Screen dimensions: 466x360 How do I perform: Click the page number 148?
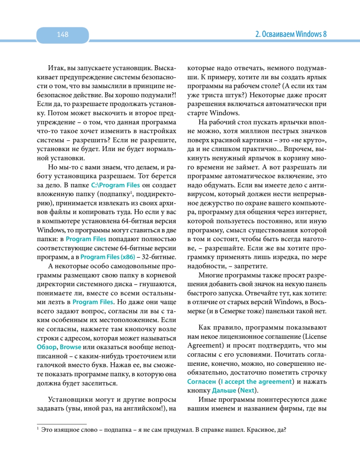(63, 35)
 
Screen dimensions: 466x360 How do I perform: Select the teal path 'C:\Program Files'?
(115, 185)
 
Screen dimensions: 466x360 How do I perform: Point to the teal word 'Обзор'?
(47, 347)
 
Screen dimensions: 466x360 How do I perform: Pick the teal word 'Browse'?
(71, 347)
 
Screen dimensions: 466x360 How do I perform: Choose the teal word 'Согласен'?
(202, 381)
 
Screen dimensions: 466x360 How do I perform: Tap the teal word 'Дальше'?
(221, 390)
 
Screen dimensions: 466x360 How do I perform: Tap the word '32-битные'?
(161, 257)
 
